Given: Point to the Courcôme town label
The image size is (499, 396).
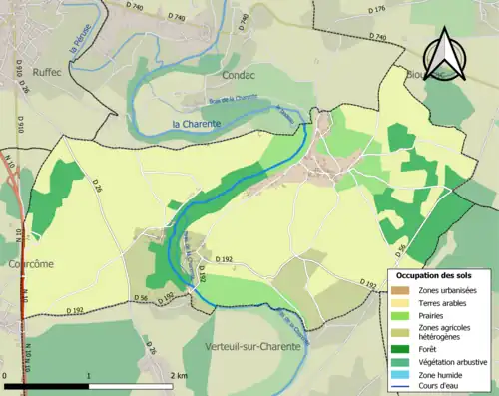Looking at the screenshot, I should click(x=29, y=264).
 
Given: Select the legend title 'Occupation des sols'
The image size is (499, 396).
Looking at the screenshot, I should click(x=436, y=274).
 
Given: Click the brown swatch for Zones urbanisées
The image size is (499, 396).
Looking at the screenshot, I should click(x=403, y=290).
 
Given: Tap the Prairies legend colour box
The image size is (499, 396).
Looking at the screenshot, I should click(x=403, y=315).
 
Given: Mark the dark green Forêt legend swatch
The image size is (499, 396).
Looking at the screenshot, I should click(x=403, y=348).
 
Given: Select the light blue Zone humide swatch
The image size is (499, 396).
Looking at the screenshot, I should click(x=403, y=373).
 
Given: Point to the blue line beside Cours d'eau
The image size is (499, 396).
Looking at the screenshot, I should click(x=403, y=386).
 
